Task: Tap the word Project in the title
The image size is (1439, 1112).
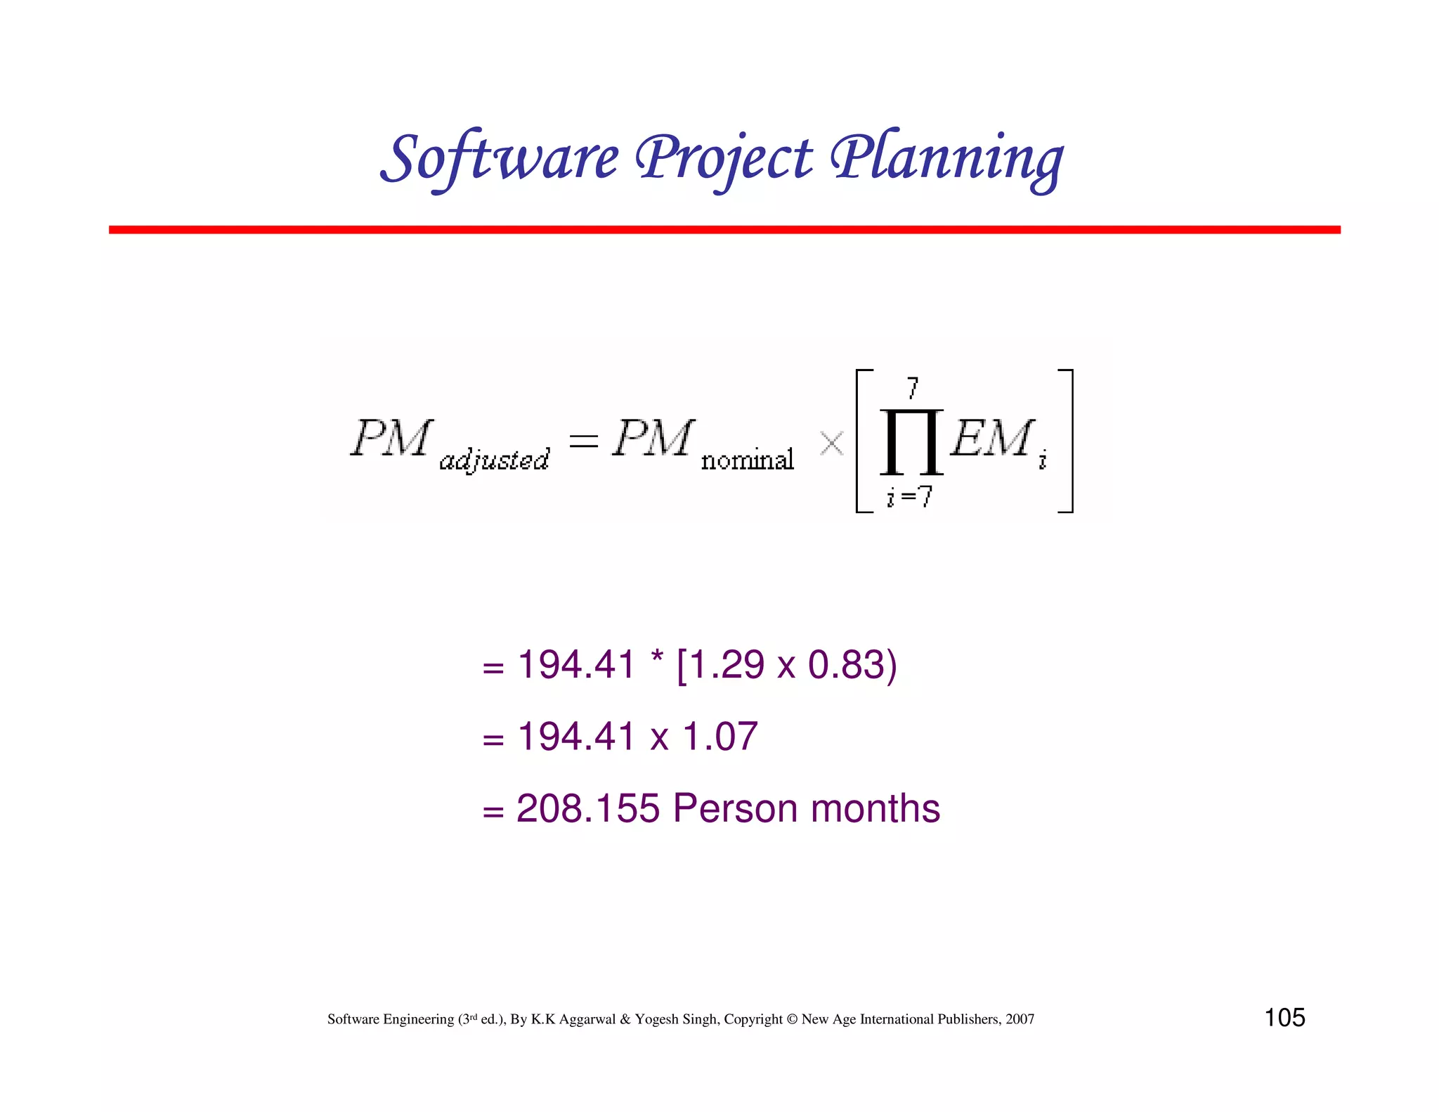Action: coord(724,159)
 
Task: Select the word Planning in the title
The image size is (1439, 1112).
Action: coord(946,159)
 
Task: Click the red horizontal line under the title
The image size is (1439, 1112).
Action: coord(724,230)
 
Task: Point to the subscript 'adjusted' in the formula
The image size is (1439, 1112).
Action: coord(494,460)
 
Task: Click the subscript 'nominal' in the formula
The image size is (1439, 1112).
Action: coord(748,460)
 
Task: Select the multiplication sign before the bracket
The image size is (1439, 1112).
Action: coord(831,444)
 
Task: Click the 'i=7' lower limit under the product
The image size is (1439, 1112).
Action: coord(909,497)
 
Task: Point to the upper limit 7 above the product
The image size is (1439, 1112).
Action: coord(912,387)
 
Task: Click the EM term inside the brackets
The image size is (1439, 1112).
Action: coord(991,439)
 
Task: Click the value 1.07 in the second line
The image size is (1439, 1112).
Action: coord(720,737)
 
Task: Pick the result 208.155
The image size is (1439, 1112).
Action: coord(587,808)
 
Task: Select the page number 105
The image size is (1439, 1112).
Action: coord(1284,1018)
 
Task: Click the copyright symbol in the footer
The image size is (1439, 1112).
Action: coord(792,1019)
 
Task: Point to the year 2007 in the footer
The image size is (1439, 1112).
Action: coord(1020,1019)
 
